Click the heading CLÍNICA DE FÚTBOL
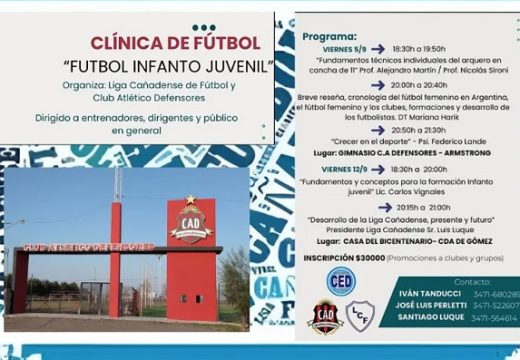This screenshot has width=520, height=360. [x=175, y=43]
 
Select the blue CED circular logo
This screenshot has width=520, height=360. [x=340, y=281]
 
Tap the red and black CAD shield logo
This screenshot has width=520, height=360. [x=325, y=316]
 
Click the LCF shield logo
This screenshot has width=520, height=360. [x=360, y=317]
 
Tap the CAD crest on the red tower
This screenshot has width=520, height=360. [x=191, y=221]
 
